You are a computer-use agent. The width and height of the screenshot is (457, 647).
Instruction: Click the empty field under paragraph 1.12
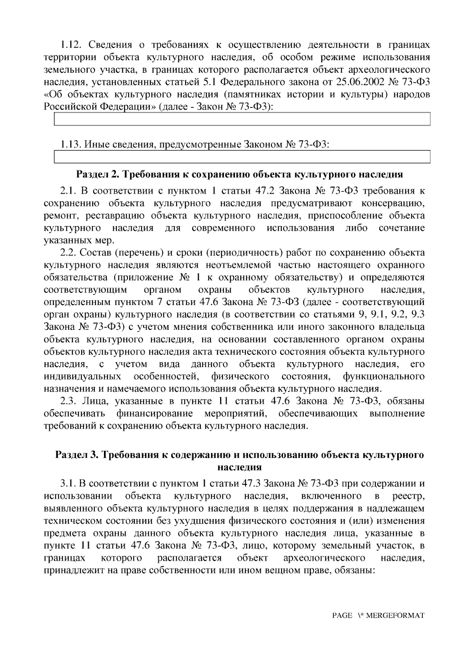click(x=242, y=119)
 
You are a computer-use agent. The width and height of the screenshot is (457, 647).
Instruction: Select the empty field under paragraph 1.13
click(x=242, y=157)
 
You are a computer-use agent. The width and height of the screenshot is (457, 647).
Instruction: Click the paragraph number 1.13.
click(x=71, y=145)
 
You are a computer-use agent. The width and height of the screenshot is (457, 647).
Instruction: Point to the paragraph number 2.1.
click(x=69, y=191)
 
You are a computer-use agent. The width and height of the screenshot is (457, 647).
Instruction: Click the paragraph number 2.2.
click(x=69, y=252)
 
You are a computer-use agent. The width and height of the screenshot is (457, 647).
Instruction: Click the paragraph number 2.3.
click(x=69, y=401)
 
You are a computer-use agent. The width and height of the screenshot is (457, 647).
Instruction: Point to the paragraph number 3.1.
click(x=69, y=484)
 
